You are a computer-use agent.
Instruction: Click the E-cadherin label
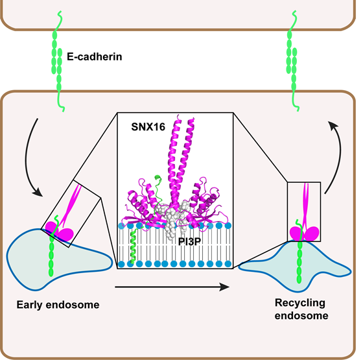(95, 57)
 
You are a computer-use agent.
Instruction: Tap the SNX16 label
(148, 127)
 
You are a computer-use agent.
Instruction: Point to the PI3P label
(189, 241)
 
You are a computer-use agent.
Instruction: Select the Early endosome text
(58, 305)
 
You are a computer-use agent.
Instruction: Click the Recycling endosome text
(301, 309)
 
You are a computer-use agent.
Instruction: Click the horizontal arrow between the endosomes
(172, 287)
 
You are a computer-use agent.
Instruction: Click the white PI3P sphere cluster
(174, 218)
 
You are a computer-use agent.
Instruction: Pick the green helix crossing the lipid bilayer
(134, 246)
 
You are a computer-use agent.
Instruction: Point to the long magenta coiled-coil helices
(181, 158)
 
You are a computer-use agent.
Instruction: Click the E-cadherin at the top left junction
(58, 62)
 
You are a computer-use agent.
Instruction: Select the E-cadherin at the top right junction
(292, 62)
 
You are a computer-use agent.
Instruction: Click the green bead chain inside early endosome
(51, 256)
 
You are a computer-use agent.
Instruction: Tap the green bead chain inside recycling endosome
(299, 262)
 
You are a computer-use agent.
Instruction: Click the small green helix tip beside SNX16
(158, 178)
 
